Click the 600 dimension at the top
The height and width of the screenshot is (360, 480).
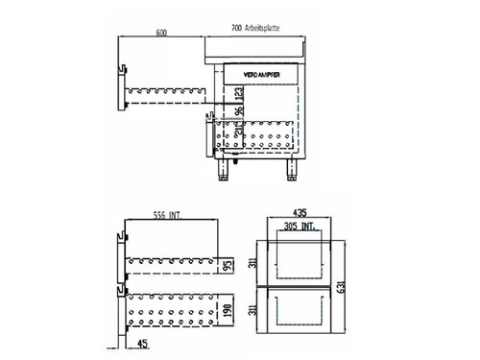point(160,33)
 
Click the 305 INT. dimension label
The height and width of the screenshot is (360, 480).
point(299,228)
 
